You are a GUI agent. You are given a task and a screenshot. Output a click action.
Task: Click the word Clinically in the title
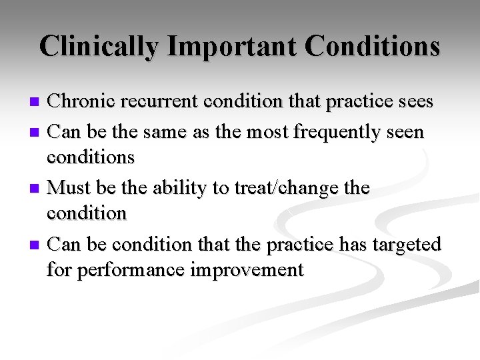(99, 47)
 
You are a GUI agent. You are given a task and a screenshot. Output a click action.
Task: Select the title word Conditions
(372, 47)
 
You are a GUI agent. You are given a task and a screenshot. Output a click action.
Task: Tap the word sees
(413, 102)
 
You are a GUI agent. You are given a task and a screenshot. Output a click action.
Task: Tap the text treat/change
(287, 189)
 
